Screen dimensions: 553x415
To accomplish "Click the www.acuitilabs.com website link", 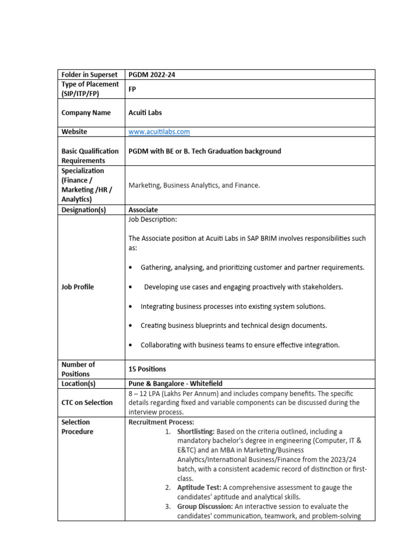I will click(x=159, y=132).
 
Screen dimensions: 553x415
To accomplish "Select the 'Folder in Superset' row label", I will click(x=89, y=75).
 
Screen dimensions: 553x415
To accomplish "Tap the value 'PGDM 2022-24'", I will click(x=151, y=75).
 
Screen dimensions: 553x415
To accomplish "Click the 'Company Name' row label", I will click(x=86, y=113).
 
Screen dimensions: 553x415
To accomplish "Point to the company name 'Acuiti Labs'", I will click(x=145, y=113).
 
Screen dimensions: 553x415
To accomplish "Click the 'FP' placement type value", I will click(x=132, y=89).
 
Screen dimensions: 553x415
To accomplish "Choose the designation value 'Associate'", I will click(x=143, y=210).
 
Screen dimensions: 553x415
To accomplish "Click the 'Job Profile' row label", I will click(x=78, y=287).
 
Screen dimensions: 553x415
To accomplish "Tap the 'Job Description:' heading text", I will click(x=152, y=220).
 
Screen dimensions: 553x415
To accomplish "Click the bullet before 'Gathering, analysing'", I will click(x=131, y=268).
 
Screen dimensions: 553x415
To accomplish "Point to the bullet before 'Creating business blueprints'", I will click(x=131, y=326).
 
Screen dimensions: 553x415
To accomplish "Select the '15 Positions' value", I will click(x=147, y=369).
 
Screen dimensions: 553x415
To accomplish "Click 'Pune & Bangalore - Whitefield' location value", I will click(x=175, y=383).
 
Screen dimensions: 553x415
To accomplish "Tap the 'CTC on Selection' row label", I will click(x=87, y=402).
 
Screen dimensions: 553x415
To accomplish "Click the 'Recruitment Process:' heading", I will click(x=161, y=422).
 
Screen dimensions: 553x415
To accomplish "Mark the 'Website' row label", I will click(x=75, y=132).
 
